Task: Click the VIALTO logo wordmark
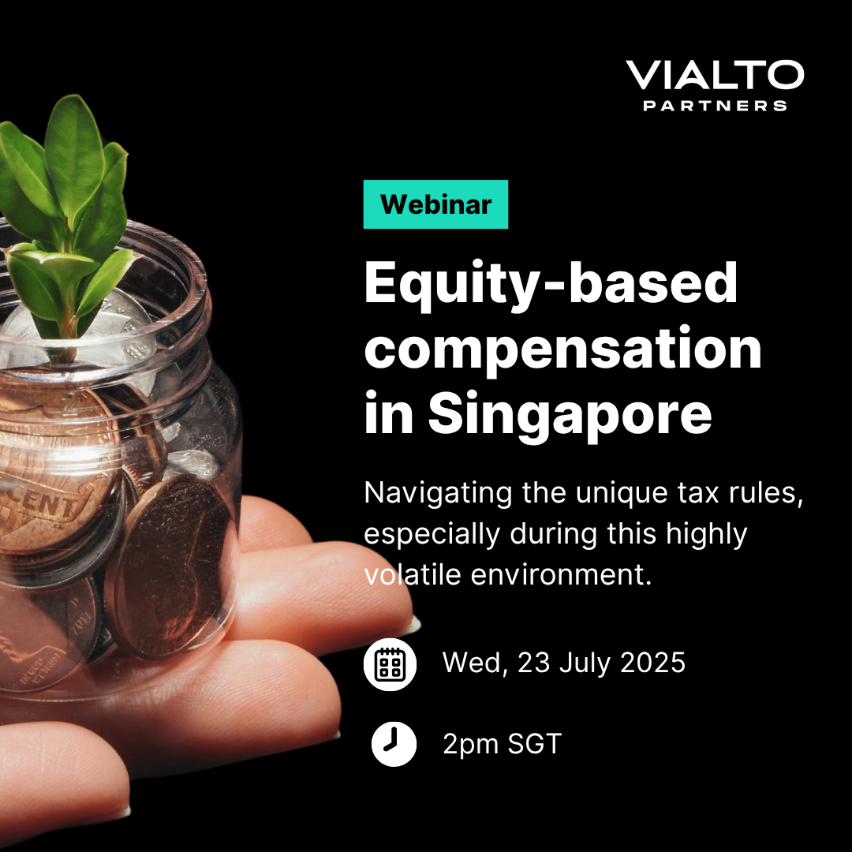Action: (x=715, y=75)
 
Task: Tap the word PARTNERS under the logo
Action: (x=715, y=106)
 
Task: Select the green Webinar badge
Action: (x=435, y=204)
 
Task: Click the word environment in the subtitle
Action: (x=561, y=574)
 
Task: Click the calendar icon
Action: (x=390, y=664)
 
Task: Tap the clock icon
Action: (x=394, y=744)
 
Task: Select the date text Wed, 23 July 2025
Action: (x=564, y=663)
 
